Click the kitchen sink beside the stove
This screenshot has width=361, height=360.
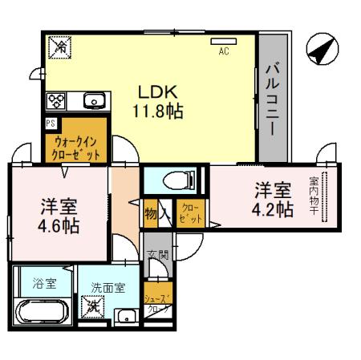92,100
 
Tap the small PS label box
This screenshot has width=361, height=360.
50,123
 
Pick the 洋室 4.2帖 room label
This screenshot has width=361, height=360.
274,200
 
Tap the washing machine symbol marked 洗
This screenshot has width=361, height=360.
95,305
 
